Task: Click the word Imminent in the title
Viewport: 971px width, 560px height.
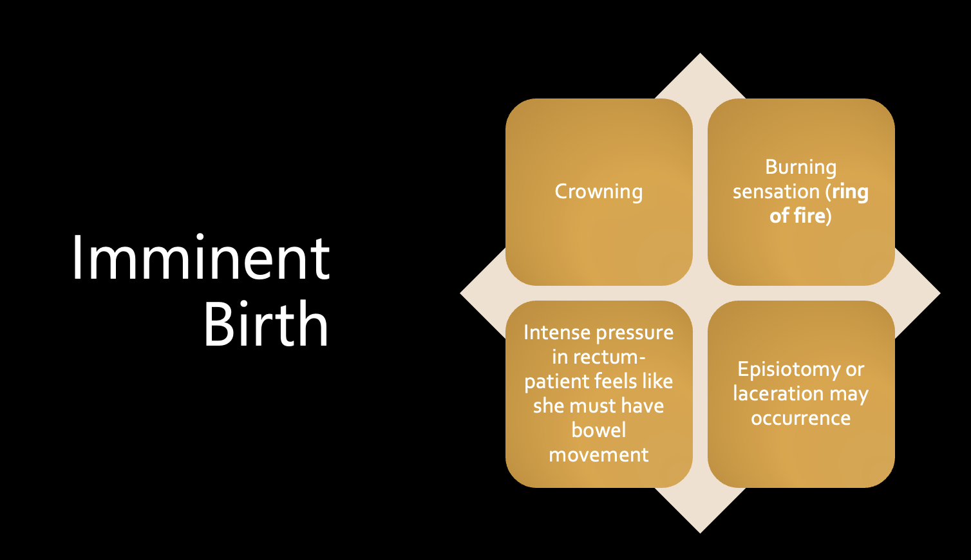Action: (x=201, y=259)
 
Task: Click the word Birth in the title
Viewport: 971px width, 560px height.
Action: (x=266, y=324)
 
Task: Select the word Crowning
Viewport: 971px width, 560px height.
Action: (x=599, y=192)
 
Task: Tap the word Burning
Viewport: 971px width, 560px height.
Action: (x=800, y=167)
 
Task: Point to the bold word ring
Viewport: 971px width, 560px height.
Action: (x=850, y=192)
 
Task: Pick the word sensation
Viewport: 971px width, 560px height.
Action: (x=776, y=192)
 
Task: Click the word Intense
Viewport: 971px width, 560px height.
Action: (x=557, y=333)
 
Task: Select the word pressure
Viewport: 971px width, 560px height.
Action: (x=635, y=333)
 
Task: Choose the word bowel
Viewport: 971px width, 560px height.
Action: (x=599, y=430)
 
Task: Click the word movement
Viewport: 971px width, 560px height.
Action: (x=599, y=454)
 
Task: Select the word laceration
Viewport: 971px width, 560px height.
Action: (x=778, y=394)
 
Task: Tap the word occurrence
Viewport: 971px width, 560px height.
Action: (x=800, y=418)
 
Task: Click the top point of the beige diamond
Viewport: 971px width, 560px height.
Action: (x=700, y=55)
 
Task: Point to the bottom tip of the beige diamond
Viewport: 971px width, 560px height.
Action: (x=700, y=531)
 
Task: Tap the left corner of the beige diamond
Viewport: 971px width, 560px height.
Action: (x=462, y=294)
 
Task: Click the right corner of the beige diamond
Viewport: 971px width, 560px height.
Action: (x=938, y=294)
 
